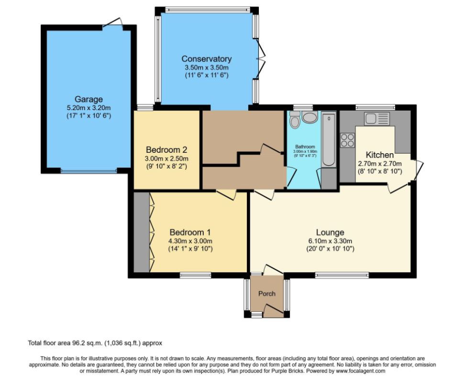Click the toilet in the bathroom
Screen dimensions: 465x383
click(x=295, y=120)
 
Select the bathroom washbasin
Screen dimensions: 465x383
click(x=310, y=117)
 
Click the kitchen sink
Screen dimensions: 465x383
click(x=377, y=119)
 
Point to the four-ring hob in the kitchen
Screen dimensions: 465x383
click(x=348, y=140)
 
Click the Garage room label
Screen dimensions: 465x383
click(x=89, y=99)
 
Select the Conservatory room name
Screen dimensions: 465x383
click(x=206, y=59)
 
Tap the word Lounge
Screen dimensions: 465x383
click(x=330, y=232)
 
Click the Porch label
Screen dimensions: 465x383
click(x=267, y=293)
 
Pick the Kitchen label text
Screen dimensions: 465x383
click(x=379, y=155)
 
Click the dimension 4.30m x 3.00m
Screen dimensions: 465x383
click(x=190, y=241)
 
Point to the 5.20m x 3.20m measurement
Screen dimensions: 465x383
click(x=89, y=108)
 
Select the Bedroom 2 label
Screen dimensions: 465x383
click(x=166, y=150)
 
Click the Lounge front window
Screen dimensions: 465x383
click(x=342, y=275)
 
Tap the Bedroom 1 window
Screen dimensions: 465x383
click(x=196, y=275)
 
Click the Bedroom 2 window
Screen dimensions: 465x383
click(x=145, y=107)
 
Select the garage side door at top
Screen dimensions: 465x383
click(x=112, y=23)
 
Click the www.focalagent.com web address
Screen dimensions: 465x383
click(x=361, y=371)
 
